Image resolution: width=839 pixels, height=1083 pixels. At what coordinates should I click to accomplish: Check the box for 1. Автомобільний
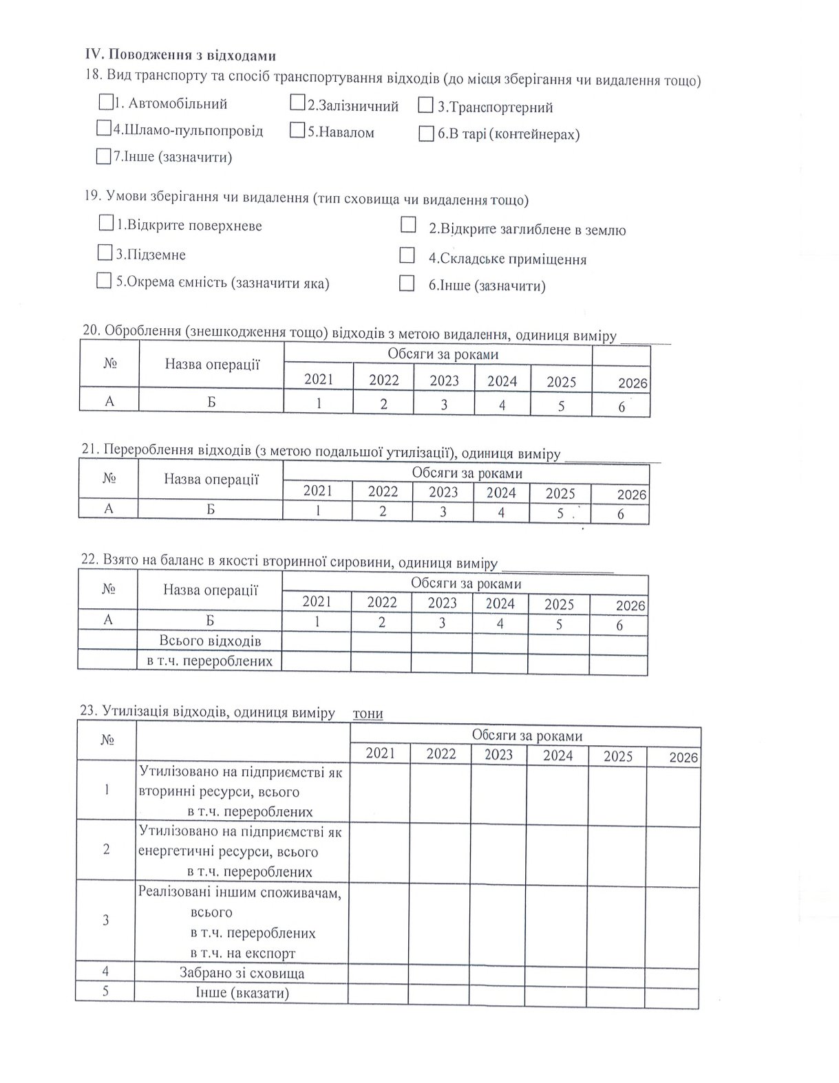click(106, 103)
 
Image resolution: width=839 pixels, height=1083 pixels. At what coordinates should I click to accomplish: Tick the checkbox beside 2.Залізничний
click(297, 103)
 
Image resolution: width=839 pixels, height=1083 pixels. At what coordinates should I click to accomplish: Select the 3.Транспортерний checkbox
click(426, 106)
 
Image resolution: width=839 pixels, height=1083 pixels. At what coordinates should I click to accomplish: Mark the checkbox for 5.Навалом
click(297, 130)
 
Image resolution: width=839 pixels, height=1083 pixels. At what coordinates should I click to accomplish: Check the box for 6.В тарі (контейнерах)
click(426, 133)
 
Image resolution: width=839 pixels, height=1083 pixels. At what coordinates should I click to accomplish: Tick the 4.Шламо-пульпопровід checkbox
click(104, 128)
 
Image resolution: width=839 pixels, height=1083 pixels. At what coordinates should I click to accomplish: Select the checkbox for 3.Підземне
click(105, 253)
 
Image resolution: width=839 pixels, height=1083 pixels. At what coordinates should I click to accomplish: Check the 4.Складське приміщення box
click(407, 256)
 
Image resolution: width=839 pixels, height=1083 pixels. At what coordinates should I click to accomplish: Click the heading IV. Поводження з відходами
click(180, 55)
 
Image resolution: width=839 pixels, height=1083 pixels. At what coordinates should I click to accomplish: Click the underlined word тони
click(368, 713)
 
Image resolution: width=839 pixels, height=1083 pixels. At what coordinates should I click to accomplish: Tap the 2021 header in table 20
click(318, 379)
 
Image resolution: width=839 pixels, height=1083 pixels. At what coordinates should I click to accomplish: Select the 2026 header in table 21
click(631, 494)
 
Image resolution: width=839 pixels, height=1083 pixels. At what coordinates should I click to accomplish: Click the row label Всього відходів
click(210, 641)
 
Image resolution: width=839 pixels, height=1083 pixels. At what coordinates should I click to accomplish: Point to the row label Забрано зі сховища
click(242, 973)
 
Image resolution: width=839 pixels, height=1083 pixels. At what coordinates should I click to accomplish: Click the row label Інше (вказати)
click(242, 993)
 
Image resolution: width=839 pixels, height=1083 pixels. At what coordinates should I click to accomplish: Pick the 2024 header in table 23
click(557, 755)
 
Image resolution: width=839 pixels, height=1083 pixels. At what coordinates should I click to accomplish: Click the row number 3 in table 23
click(105, 920)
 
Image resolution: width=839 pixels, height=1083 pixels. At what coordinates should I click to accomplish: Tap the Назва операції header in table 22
click(210, 590)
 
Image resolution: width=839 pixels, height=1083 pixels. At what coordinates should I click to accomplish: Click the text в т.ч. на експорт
click(242, 953)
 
